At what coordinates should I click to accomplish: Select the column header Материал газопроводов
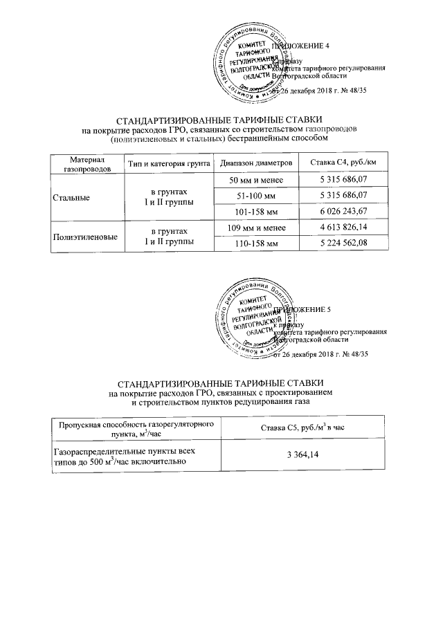click(x=82, y=163)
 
